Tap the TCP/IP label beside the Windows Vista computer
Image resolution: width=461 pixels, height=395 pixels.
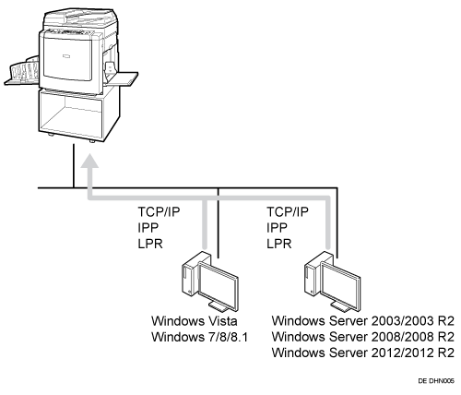(x=159, y=212)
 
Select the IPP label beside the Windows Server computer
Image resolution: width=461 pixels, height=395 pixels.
(x=277, y=228)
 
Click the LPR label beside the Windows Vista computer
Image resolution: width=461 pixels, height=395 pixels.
(x=150, y=244)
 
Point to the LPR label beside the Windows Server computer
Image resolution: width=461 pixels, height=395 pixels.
(x=278, y=244)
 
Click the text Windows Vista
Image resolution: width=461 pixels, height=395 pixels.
(x=195, y=321)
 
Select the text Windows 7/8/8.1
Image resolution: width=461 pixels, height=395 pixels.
(x=199, y=337)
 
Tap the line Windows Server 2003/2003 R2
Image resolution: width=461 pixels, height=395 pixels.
(x=363, y=321)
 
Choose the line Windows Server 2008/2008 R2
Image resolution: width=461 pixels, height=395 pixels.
(x=363, y=337)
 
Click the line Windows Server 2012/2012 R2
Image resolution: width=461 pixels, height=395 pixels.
(x=363, y=353)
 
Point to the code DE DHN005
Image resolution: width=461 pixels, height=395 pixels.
(x=436, y=381)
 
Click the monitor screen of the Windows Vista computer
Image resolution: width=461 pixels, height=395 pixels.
(x=219, y=286)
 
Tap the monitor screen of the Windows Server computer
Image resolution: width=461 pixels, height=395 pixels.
(x=341, y=286)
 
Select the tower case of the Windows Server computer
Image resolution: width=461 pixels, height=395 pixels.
(x=313, y=273)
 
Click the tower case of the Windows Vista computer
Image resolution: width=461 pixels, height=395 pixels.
(x=191, y=273)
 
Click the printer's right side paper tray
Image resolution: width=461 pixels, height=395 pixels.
(x=122, y=78)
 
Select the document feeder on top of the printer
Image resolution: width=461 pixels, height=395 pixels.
(x=80, y=17)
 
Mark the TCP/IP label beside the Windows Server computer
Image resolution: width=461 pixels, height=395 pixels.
(x=288, y=212)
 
